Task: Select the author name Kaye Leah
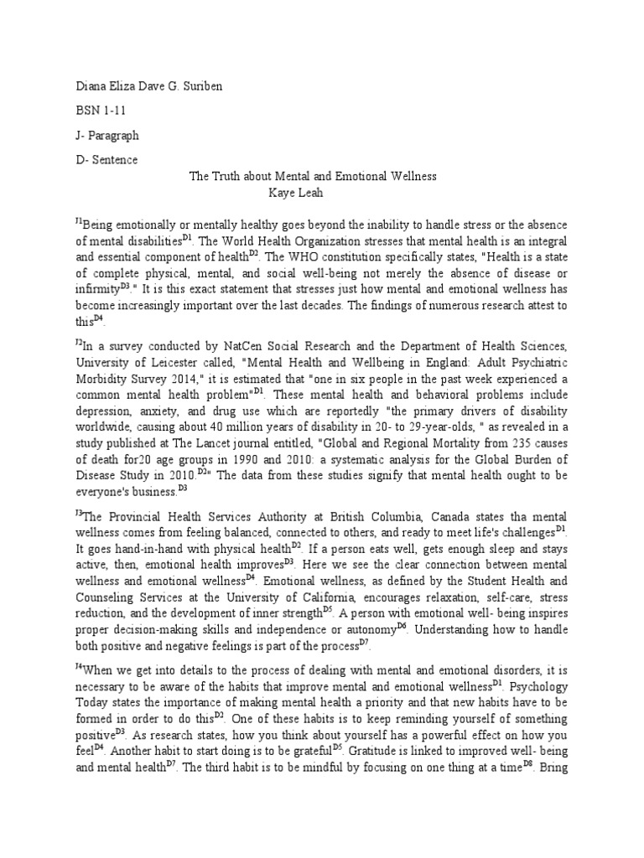[309, 193]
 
